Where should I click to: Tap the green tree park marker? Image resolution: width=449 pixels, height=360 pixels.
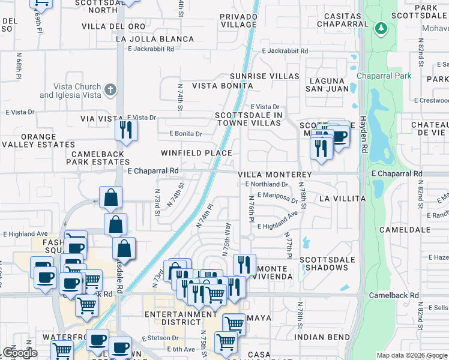[380, 28]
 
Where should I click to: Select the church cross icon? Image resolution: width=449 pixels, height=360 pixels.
[109, 90]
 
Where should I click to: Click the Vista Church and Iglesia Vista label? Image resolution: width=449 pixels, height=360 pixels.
[70, 91]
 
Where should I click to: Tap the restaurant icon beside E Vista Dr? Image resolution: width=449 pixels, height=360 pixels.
[126, 130]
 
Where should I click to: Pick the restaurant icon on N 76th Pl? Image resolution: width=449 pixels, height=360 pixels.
[244, 264]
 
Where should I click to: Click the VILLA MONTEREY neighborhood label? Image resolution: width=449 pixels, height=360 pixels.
[275, 174]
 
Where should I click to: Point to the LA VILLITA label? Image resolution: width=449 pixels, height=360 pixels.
[342, 198]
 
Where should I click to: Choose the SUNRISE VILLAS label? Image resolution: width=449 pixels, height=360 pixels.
[265, 76]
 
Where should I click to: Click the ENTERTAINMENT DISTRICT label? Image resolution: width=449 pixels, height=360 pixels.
[180, 318]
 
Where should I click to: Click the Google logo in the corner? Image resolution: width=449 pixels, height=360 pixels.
[19, 352]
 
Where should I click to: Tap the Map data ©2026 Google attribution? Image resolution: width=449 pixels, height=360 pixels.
[411, 355]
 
